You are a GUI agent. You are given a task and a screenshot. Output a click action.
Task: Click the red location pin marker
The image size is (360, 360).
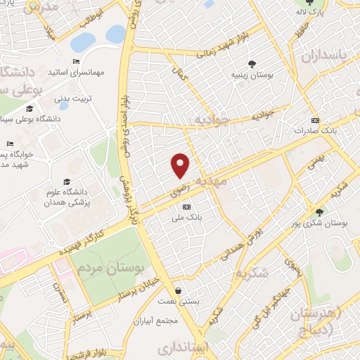point(181,165)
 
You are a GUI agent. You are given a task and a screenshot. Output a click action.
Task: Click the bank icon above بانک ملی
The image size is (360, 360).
point(186,207)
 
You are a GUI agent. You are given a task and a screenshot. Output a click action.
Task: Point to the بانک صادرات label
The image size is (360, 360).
point(311,130)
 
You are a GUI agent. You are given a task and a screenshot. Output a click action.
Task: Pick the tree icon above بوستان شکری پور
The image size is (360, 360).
point(320,212)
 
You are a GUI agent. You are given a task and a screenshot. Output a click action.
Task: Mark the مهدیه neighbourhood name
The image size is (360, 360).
point(214,180)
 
